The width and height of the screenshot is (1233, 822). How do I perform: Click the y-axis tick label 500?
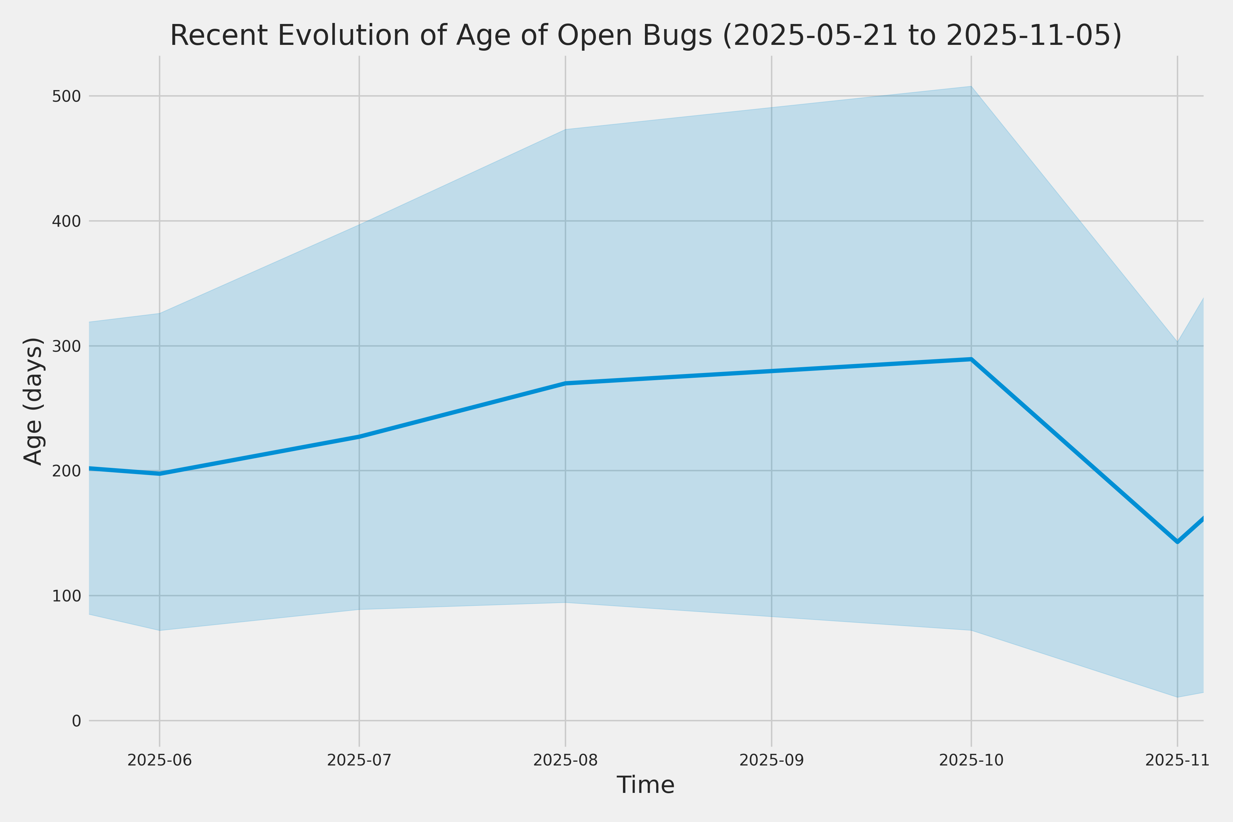[66, 97]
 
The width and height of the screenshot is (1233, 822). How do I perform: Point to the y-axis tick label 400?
[66, 221]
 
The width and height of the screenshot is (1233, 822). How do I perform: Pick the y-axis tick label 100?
[66, 596]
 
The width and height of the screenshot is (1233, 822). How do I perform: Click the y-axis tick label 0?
[76, 721]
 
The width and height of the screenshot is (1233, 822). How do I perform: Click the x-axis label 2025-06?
[160, 760]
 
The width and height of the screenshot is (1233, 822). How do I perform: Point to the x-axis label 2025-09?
[772, 760]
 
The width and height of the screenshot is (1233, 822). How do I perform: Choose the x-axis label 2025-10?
[971, 760]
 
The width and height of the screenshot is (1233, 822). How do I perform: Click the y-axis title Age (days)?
[34, 401]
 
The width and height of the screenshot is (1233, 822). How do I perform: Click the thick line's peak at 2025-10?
[971, 359]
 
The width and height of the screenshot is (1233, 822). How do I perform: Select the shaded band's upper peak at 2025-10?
[971, 87]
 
